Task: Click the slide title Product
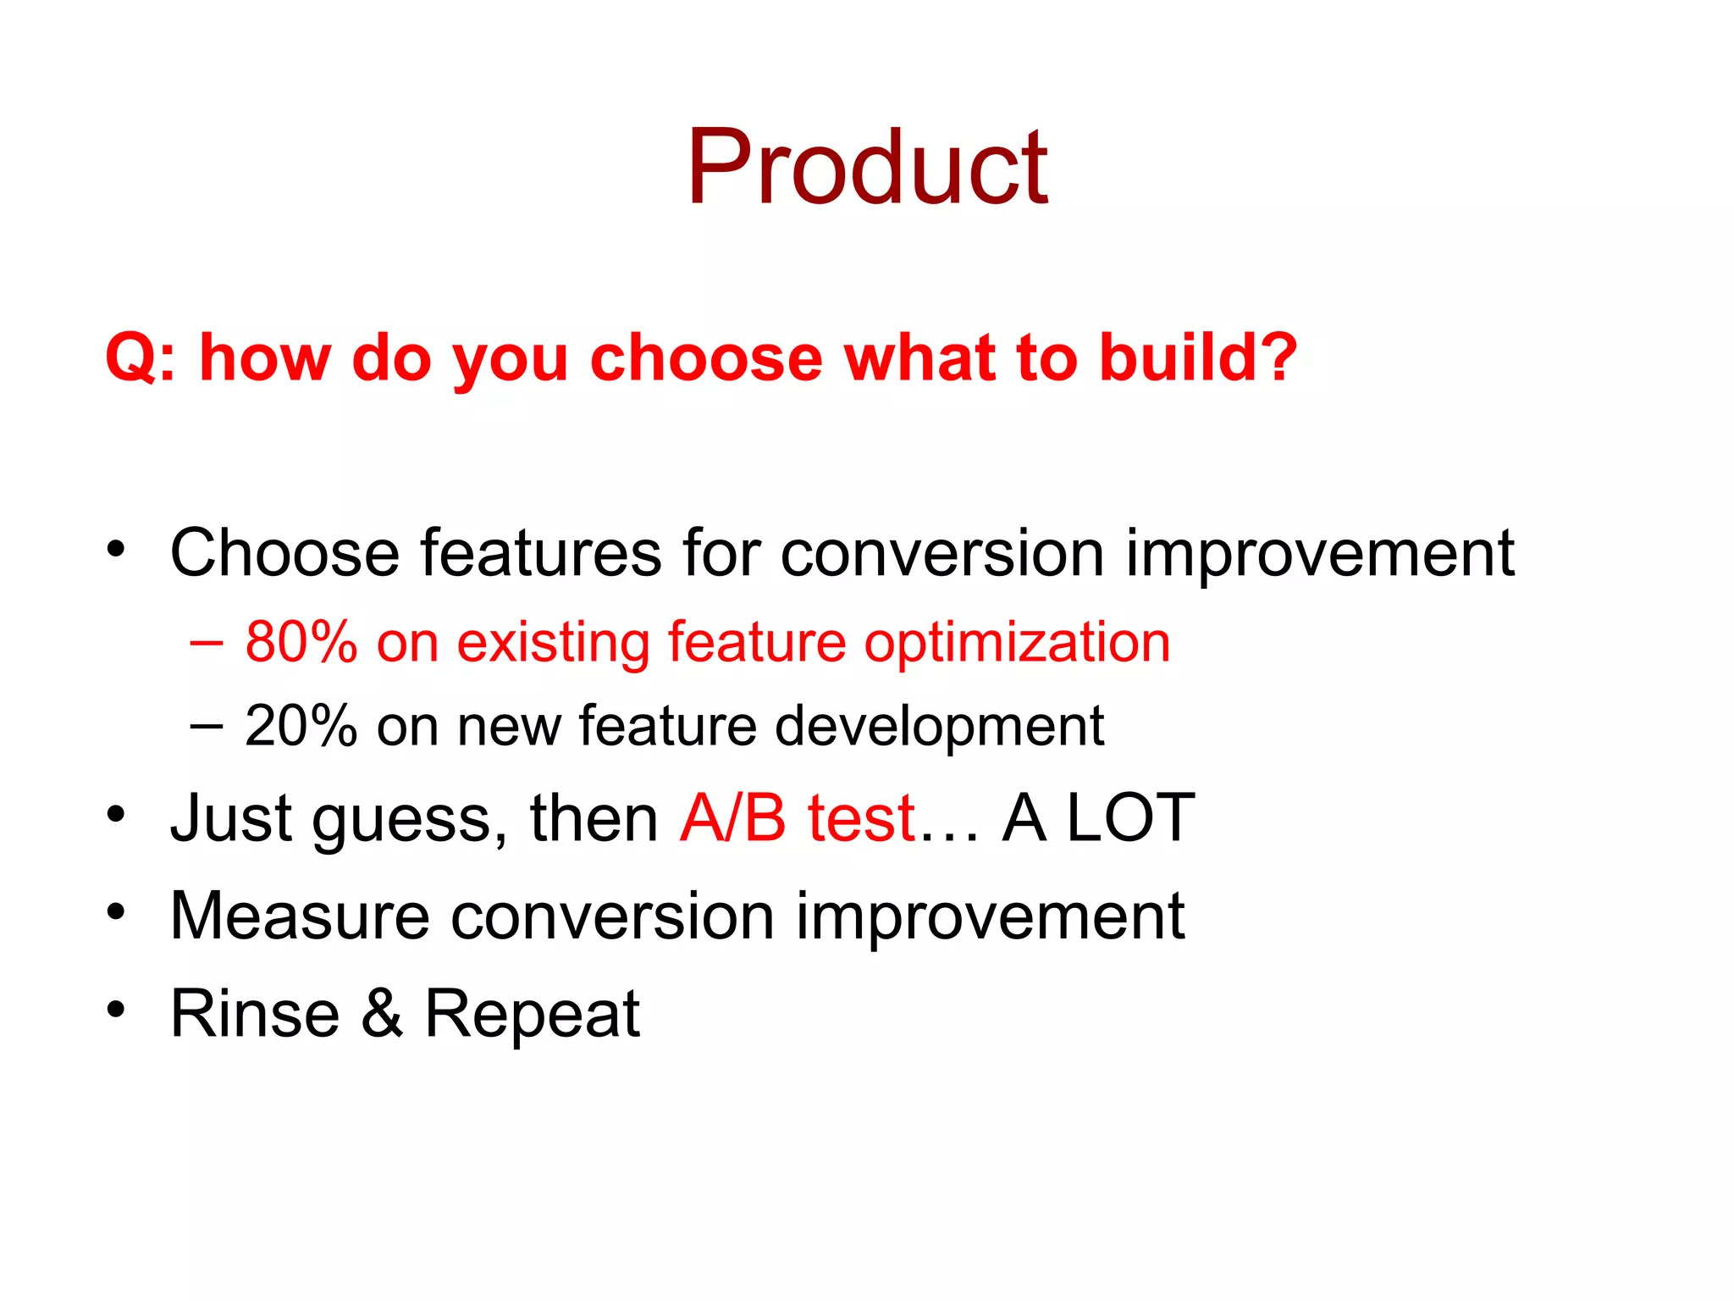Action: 867,167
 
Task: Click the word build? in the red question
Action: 1197,357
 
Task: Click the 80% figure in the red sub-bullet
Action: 301,642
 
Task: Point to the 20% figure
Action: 301,726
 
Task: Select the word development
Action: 939,727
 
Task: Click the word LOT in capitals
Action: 1130,818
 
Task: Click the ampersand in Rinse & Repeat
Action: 382,1013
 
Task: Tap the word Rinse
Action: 255,1013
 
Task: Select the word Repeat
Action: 532,1015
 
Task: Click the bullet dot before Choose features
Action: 116,549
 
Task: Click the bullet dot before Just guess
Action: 116,815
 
